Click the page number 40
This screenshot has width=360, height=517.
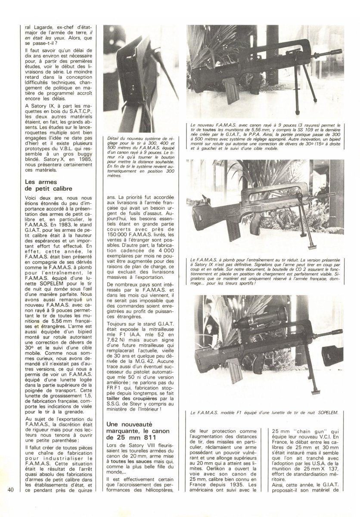11,490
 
